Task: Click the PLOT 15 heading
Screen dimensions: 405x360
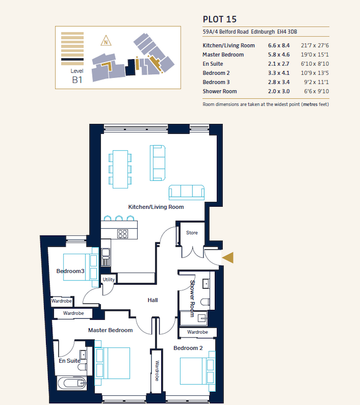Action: coord(220,19)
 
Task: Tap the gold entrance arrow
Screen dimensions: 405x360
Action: coord(228,258)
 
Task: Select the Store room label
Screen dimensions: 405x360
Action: coord(192,233)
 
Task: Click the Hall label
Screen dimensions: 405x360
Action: coord(153,300)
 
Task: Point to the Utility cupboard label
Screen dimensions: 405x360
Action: coord(109,279)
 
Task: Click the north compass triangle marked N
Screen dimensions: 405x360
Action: coord(106,40)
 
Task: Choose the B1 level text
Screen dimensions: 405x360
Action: coord(77,80)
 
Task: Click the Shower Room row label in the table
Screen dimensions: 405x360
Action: coord(220,91)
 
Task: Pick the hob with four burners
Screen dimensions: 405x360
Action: coord(122,234)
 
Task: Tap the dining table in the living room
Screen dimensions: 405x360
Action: coord(120,169)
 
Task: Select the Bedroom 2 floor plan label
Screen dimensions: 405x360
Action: coord(188,348)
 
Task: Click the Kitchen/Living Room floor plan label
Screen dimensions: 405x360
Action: coord(156,207)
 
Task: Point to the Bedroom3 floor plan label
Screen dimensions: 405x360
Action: coord(70,271)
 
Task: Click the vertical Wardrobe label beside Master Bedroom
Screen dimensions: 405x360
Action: coord(157,371)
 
